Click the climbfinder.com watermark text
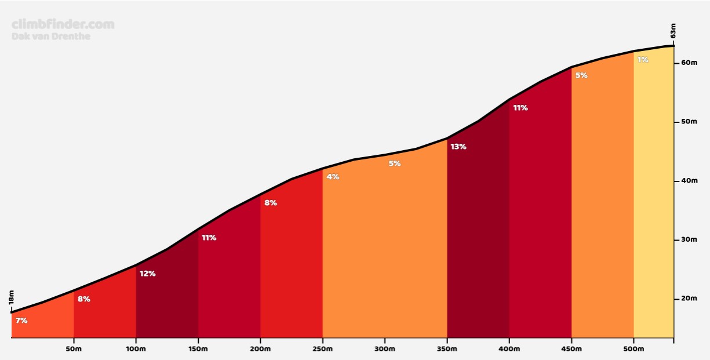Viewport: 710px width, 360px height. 63,24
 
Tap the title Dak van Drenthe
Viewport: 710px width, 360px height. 51,36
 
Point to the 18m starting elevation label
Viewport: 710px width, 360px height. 12,298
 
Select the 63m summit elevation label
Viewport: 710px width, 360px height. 673,31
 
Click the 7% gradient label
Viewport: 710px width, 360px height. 21,320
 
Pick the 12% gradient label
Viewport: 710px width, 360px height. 147,274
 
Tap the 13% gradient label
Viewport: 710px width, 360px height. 458,147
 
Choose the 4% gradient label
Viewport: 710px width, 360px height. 333,177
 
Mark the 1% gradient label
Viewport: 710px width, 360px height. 643,60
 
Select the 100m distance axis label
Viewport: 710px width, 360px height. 136,349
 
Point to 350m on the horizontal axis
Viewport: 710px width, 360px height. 447,349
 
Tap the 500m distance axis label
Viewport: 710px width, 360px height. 633,349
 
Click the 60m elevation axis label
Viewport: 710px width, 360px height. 689,63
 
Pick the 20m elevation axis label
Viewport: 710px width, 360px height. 689,299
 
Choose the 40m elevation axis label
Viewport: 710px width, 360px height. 689,181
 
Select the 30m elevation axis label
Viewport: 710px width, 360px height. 689,239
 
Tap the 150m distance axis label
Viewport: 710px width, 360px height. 198,349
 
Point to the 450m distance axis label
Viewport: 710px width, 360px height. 571,349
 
